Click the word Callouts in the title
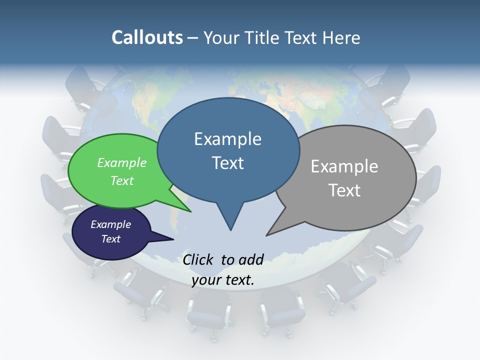(x=147, y=37)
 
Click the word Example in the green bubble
(x=122, y=162)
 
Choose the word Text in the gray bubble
(x=344, y=190)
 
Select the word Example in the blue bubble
(x=227, y=139)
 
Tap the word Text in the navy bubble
(x=110, y=239)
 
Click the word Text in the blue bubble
(x=227, y=163)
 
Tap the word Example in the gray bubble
(x=344, y=166)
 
